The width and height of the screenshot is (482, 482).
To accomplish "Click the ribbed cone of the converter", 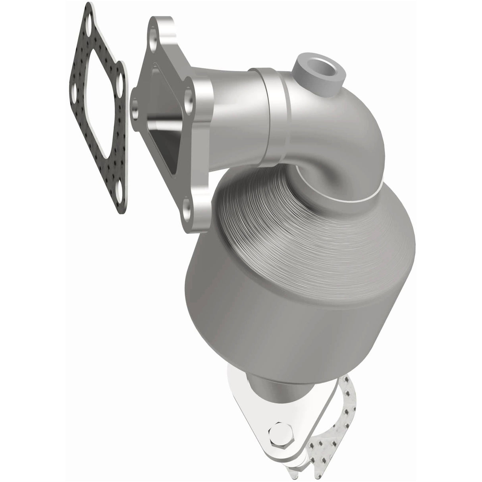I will click(x=278, y=199).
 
